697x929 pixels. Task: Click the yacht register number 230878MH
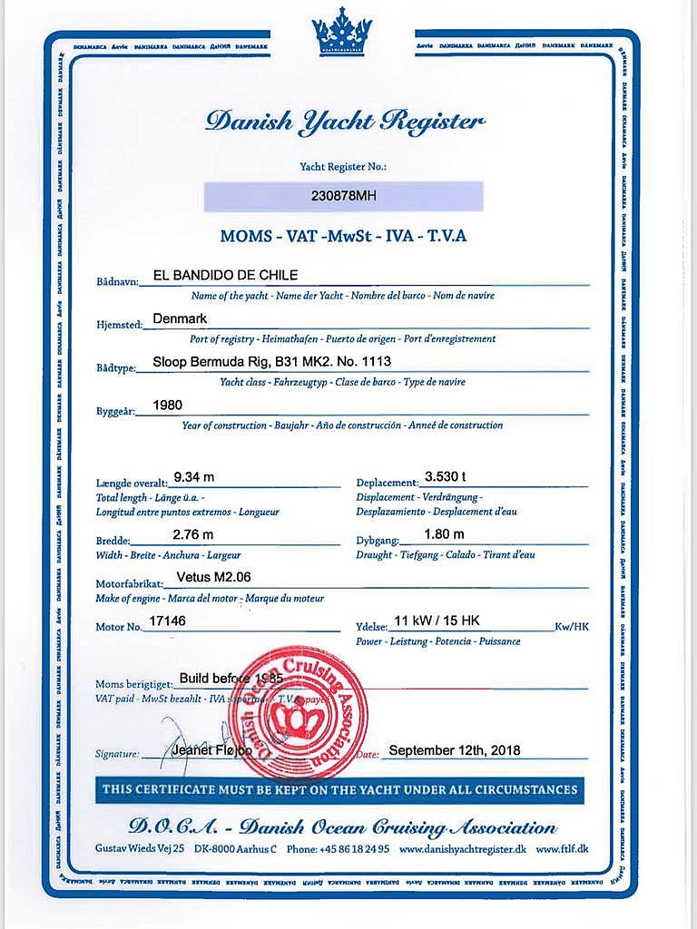point(343,195)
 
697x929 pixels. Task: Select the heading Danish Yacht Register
point(345,122)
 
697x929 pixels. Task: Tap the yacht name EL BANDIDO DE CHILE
point(226,275)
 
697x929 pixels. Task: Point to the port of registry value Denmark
point(181,318)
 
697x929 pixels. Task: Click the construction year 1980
point(169,405)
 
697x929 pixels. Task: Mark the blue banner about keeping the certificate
point(339,789)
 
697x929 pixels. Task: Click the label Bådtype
point(115,368)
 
